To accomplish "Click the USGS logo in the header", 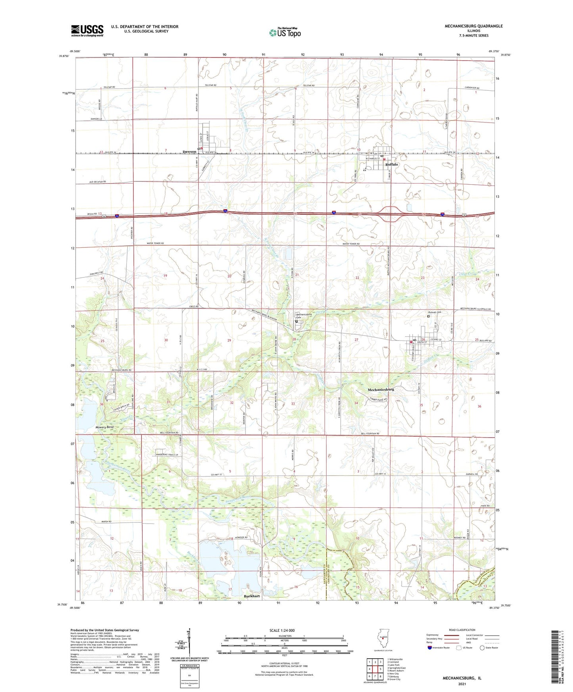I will pos(87,31).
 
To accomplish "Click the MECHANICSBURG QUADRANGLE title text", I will pos(471,26).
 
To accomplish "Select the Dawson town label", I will pos(189,152).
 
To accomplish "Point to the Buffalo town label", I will pos(391,164).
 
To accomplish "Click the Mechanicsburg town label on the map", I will pos(381,390).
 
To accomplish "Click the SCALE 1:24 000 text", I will pos(282,630).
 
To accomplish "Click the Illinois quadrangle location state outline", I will pos(383,638).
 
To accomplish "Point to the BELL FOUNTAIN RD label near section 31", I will pos(171,433).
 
